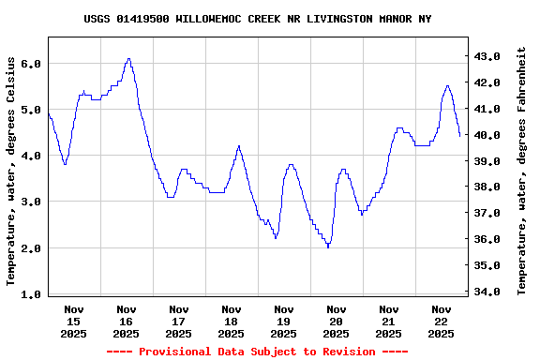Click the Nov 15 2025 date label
click(73, 321)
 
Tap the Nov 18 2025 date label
click(231, 321)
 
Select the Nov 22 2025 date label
click(441, 321)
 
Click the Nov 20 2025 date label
click(336, 321)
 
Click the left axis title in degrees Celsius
click(11, 171)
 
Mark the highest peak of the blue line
click(128, 58)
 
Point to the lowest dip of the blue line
click(328, 247)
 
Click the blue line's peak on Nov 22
click(447, 85)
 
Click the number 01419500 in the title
click(145, 19)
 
